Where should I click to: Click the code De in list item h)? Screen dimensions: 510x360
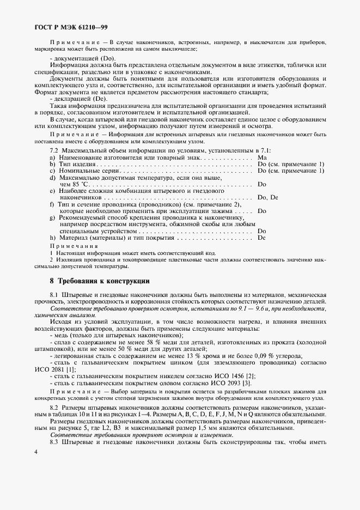click(x=261, y=238)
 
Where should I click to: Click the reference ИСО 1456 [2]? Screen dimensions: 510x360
click(x=224, y=376)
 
